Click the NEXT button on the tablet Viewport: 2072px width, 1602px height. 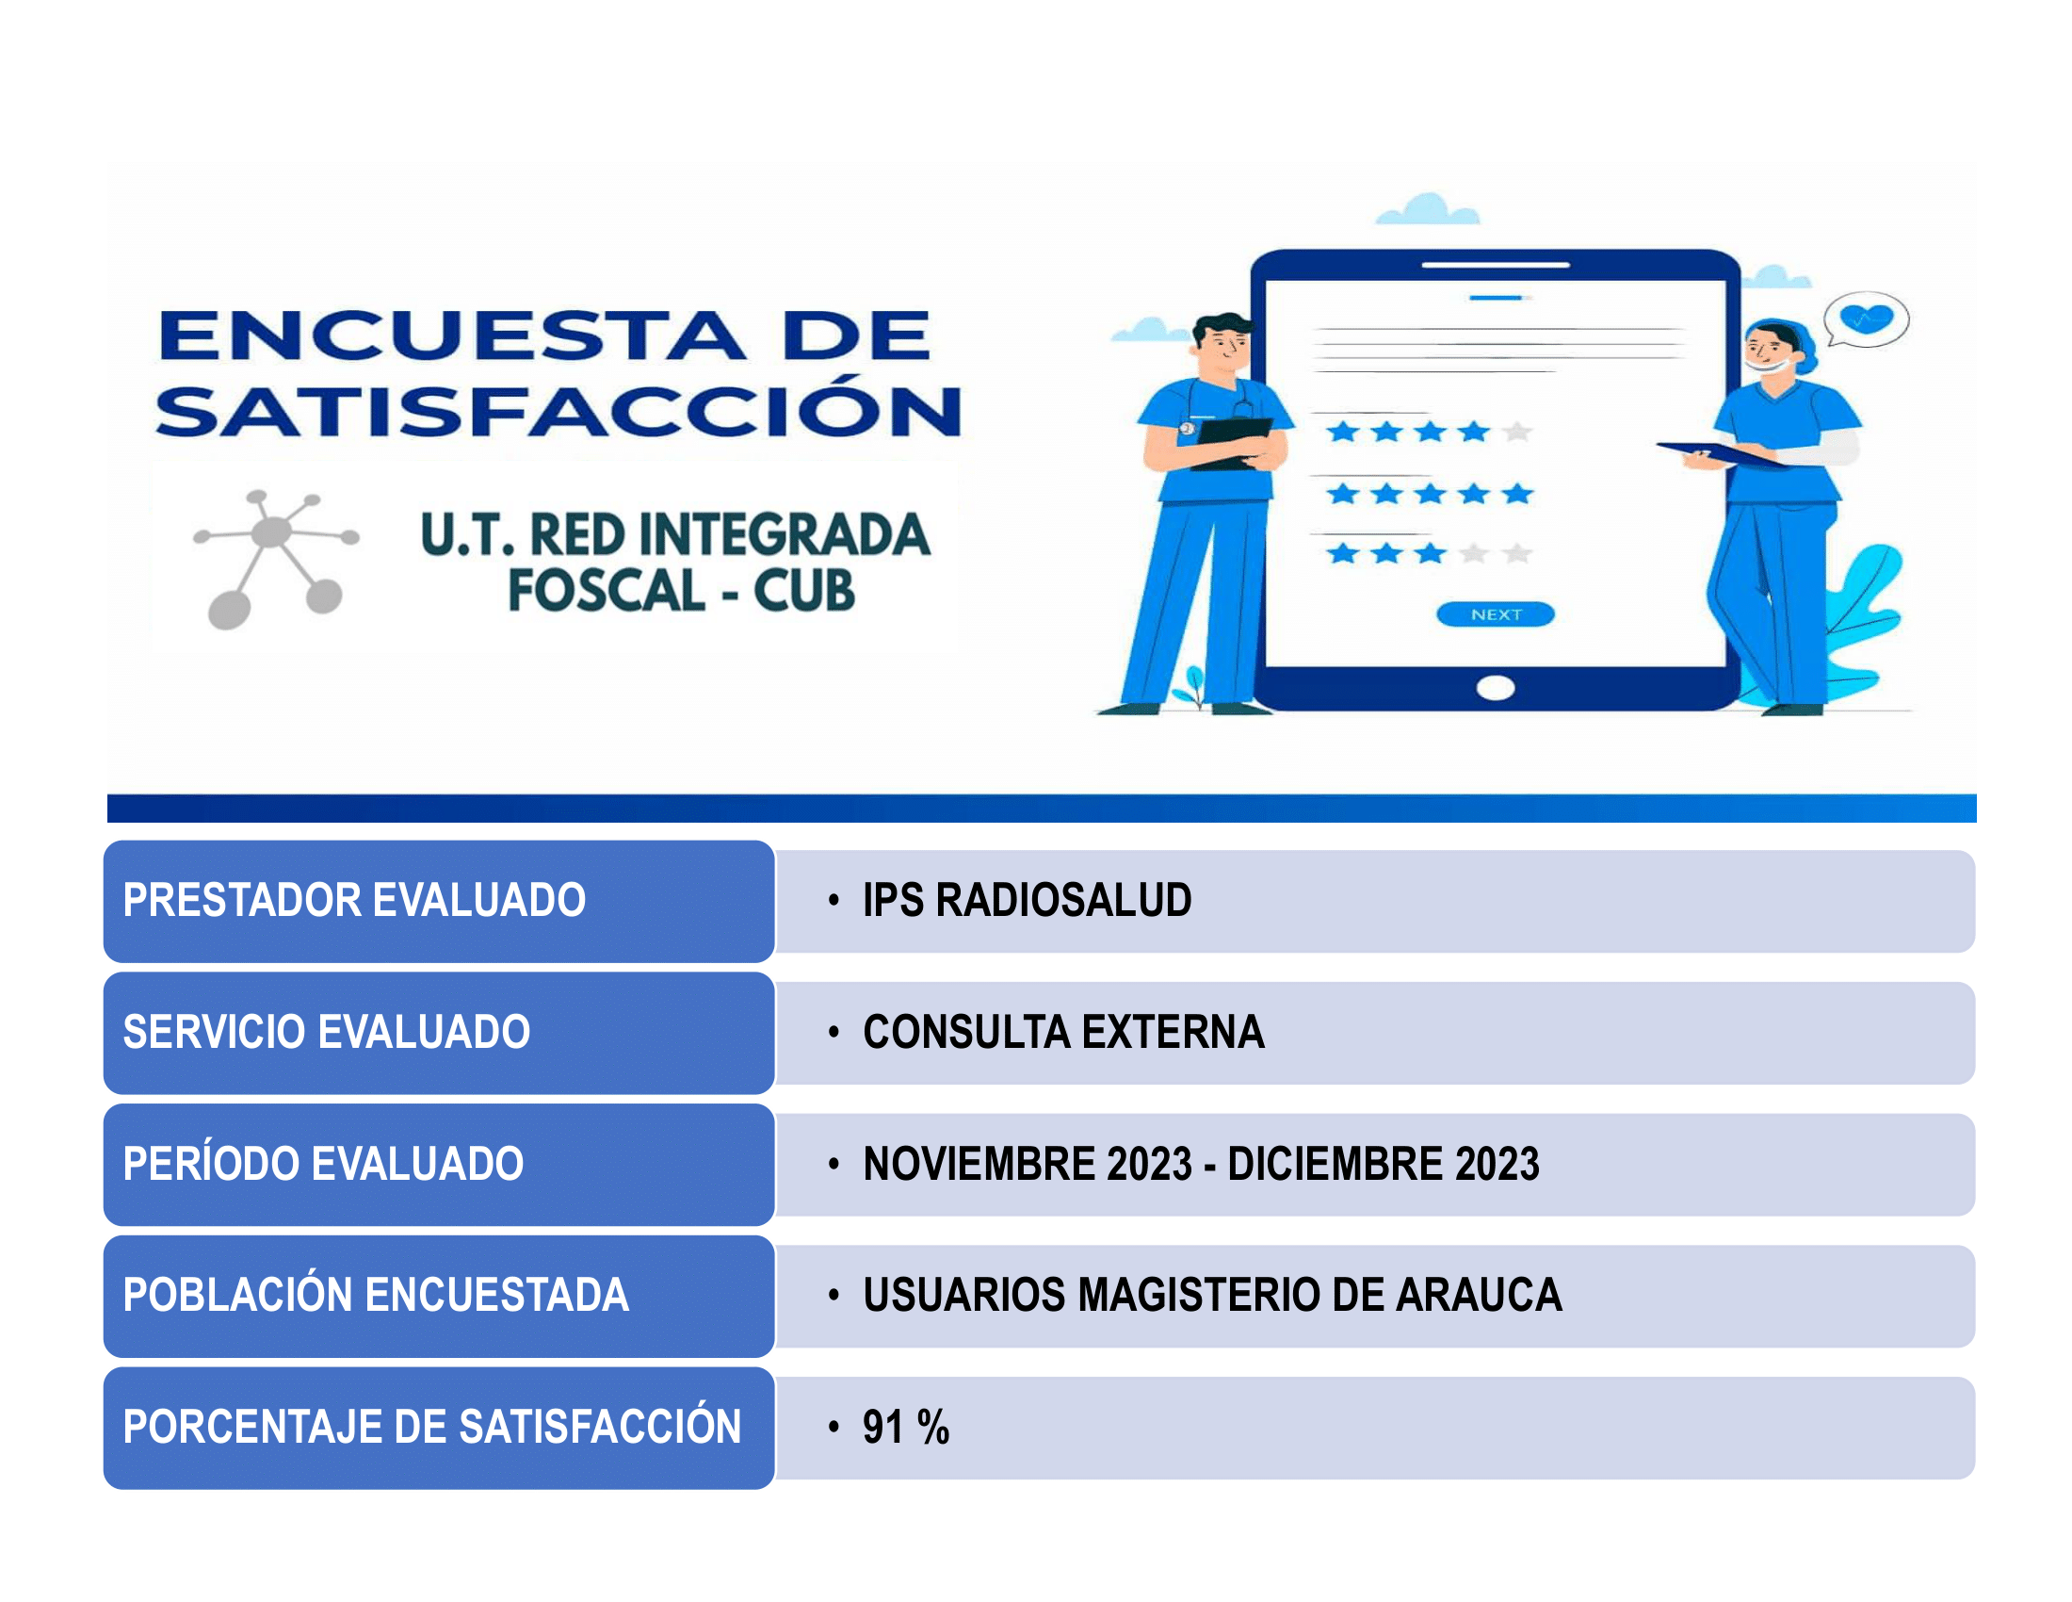1496,615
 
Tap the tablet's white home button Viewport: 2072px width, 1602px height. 1496,688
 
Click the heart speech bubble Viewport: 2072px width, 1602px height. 1866,319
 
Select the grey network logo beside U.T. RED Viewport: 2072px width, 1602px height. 276,559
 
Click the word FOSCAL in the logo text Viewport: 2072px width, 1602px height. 607,590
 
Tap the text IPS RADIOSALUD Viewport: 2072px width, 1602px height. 1027,900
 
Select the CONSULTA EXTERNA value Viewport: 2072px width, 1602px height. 1063,1032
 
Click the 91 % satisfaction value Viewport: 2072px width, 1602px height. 906,1427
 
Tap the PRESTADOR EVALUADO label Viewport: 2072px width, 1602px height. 354,900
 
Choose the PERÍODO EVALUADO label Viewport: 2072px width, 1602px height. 323,1164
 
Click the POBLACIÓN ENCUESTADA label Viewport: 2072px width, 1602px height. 376,1295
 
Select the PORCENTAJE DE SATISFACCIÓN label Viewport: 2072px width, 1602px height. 432,1426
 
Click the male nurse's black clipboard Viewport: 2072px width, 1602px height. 1233,442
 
